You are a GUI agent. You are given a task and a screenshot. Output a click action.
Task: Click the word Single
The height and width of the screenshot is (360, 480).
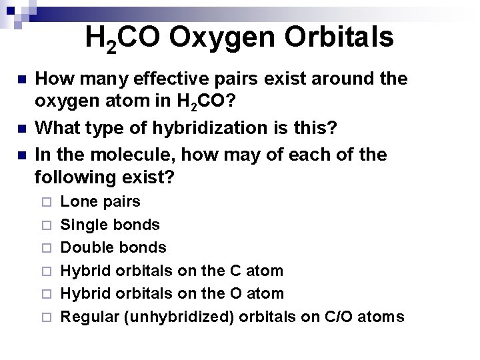point(83,225)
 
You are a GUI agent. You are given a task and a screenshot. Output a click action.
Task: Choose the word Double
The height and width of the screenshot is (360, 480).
point(86,247)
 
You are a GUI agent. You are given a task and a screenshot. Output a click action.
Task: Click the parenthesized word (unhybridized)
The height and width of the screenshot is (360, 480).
point(178,317)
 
